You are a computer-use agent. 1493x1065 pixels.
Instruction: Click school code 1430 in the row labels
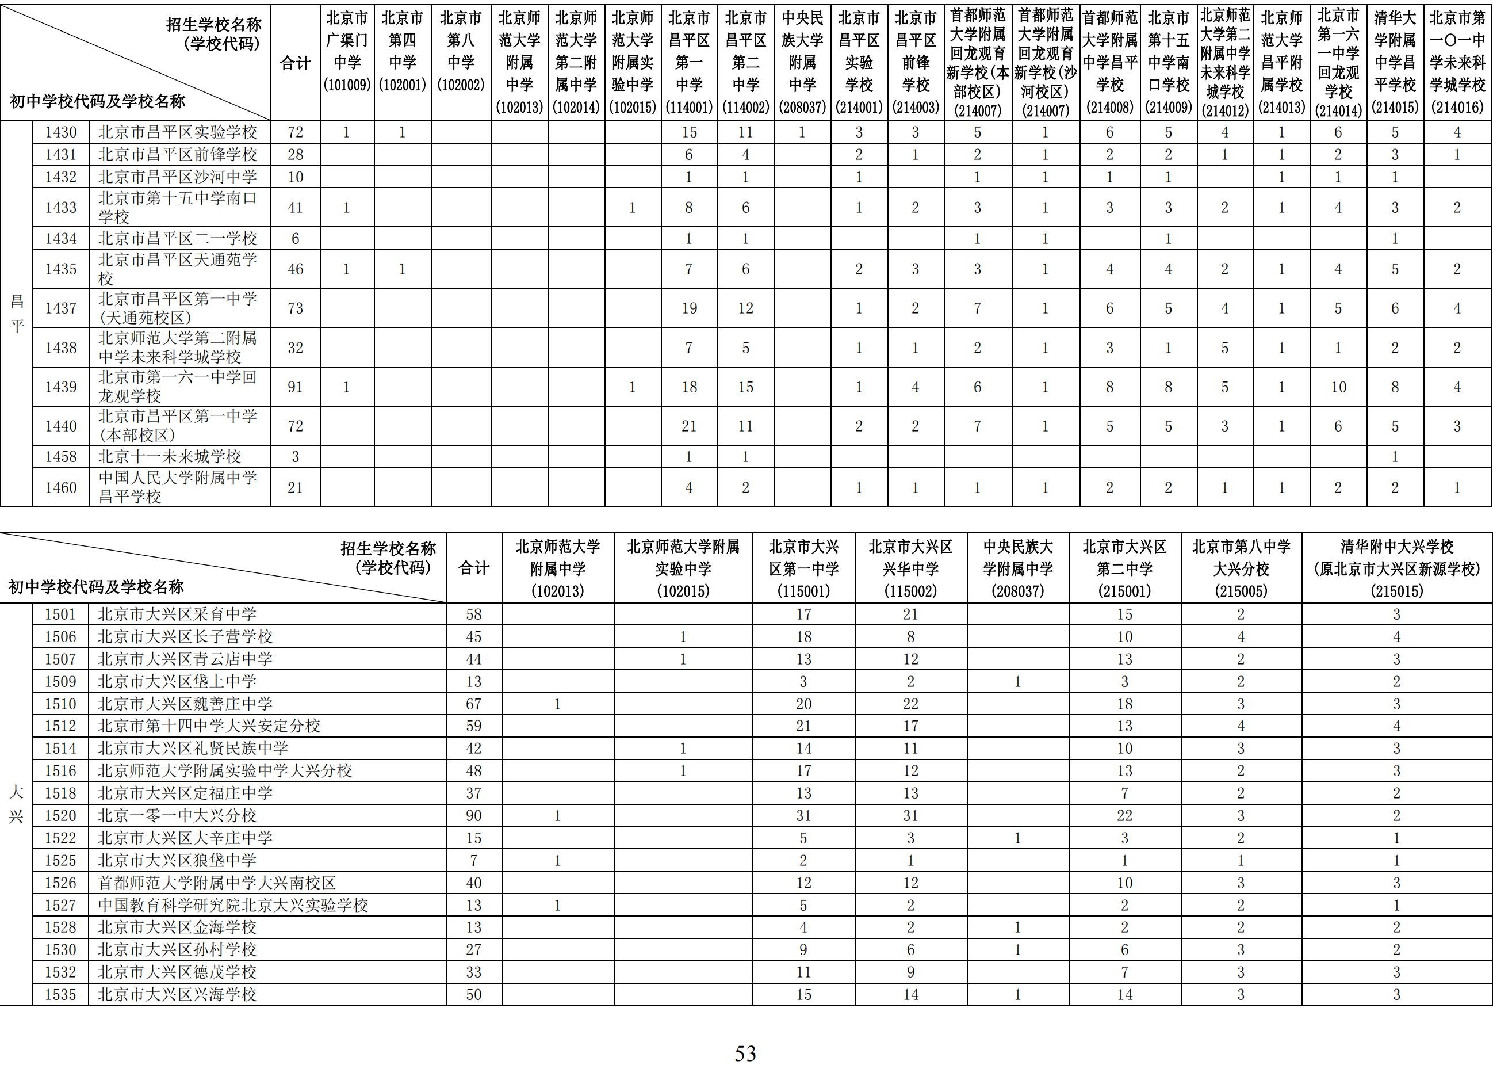tap(61, 132)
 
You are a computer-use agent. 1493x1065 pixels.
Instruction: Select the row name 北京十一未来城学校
tap(169, 456)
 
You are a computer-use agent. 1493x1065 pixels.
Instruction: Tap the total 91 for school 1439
tap(296, 387)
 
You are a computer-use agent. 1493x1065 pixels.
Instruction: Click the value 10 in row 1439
tap(1338, 387)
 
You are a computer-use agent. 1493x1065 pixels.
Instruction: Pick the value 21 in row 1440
tap(689, 426)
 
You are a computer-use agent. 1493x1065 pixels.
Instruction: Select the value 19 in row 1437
tap(689, 308)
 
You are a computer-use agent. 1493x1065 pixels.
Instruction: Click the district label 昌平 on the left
tap(16, 313)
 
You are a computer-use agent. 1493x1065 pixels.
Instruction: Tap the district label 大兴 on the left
tap(16, 804)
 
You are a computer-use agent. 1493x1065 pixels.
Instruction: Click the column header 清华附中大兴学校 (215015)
tap(1396, 568)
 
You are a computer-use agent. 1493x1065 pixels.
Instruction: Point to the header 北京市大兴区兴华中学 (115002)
tap(910, 568)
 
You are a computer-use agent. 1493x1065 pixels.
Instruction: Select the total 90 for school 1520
tap(474, 816)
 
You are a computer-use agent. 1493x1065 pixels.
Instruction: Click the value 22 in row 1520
tap(1125, 816)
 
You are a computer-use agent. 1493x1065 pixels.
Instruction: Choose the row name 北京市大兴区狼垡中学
tap(177, 860)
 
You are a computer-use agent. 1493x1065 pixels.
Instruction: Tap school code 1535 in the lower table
tap(60, 995)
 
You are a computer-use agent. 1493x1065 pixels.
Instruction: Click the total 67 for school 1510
tap(474, 704)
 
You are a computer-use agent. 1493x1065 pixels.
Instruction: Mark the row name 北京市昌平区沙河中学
tap(177, 177)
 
